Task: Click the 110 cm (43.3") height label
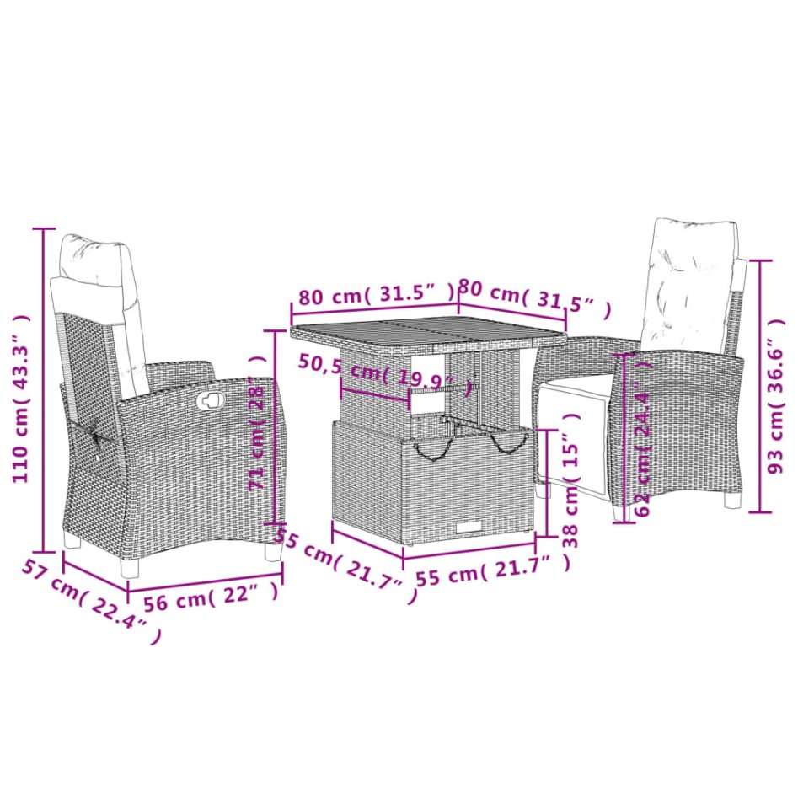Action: coord(21,399)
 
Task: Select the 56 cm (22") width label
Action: coord(211,597)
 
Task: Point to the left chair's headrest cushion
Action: coord(94,260)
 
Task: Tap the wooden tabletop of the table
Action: coord(426,329)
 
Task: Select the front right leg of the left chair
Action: coord(272,552)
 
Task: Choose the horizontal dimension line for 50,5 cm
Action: coord(375,393)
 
